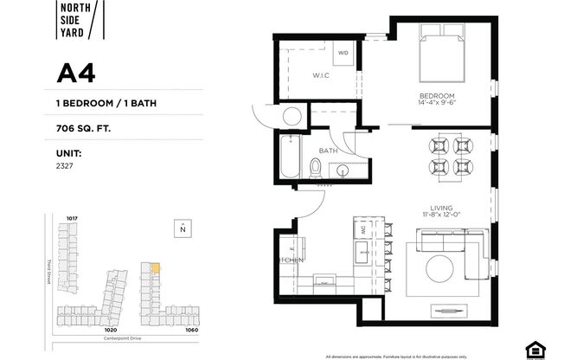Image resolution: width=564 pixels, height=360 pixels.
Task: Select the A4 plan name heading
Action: click(x=75, y=74)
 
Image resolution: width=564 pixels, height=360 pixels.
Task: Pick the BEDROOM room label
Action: click(x=439, y=97)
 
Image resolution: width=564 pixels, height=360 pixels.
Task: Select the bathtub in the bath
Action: click(x=288, y=158)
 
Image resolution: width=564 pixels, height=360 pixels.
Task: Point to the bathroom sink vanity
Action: click(x=349, y=168)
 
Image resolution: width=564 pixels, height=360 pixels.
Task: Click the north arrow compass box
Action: click(x=182, y=228)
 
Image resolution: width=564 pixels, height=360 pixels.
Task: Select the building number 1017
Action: click(x=73, y=217)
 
